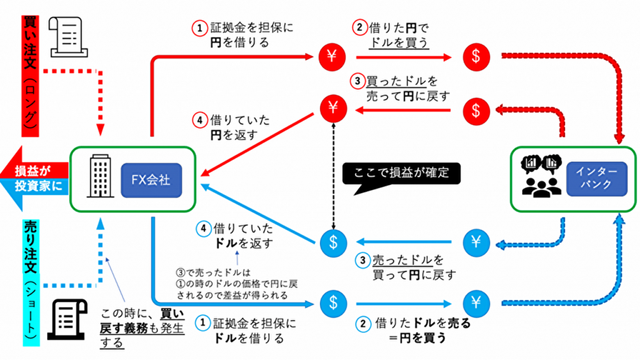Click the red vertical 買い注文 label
(30, 69)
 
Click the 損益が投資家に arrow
(34, 178)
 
